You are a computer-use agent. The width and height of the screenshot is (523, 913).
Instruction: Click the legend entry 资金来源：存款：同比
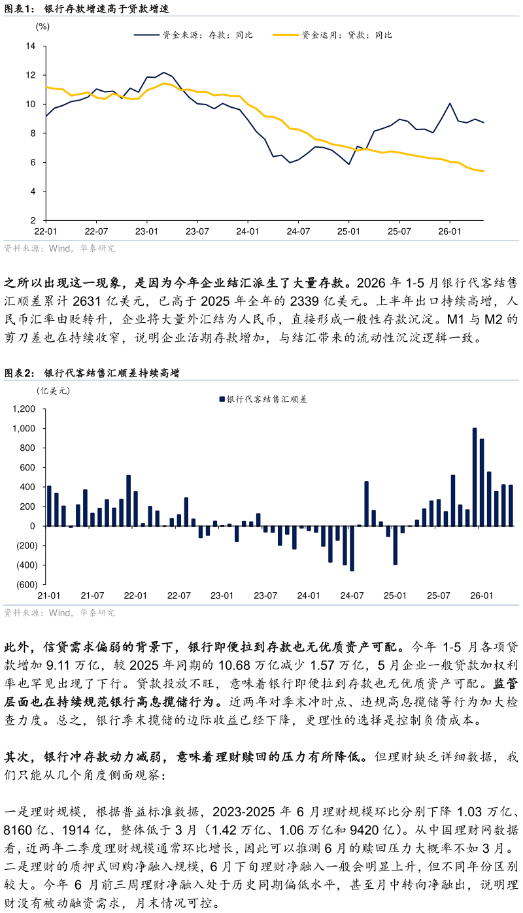[194, 35]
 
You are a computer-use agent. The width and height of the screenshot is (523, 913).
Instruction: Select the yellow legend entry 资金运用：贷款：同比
[333, 35]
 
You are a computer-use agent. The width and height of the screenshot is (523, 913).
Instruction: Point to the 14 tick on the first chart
[31, 46]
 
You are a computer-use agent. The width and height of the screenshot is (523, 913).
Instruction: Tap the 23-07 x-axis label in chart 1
[197, 231]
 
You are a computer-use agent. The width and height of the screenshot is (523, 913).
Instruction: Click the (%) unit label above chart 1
[42, 27]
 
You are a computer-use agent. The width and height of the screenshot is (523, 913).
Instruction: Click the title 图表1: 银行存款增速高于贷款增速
[86, 8]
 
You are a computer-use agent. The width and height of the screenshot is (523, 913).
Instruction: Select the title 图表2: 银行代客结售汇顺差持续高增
[92, 373]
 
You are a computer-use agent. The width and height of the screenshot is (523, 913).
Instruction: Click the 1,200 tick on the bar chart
[24, 409]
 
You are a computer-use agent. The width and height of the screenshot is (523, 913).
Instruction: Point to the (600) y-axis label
[27, 584]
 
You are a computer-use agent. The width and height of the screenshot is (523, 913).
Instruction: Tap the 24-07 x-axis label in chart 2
[352, 595]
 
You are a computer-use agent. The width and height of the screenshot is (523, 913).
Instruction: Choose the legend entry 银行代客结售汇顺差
[263, 399]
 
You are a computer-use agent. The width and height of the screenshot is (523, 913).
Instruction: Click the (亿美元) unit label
[54, 391]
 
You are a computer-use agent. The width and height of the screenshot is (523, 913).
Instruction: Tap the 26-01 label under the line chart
[450, 231]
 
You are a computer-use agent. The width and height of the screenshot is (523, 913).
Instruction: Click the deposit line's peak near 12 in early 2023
[164, 73]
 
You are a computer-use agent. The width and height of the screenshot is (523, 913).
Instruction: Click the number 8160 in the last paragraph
[18, 829]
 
